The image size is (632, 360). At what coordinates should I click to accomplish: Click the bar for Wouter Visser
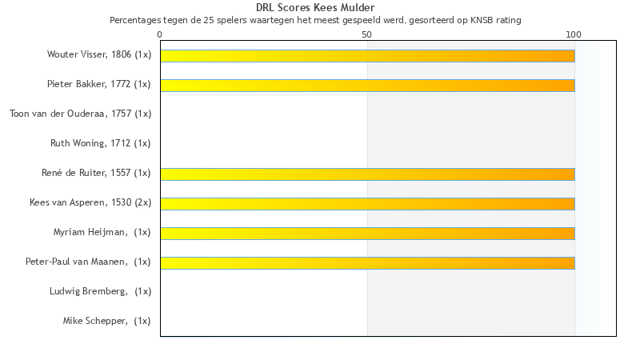[367, 56]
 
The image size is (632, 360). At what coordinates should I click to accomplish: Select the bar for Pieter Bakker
[367, 86]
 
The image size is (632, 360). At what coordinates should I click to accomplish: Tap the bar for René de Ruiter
[367, 174]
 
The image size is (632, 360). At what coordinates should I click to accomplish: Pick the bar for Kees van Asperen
[367, 204]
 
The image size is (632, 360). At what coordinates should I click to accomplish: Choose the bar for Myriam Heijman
[367, 234]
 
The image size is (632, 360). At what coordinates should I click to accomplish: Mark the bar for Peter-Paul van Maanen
[367, 263]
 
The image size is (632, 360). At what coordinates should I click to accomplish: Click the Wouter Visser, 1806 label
[89, 54]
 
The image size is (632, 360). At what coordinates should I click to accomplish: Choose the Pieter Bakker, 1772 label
[89, 84]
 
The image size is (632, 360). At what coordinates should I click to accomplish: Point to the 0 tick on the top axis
[160, 34]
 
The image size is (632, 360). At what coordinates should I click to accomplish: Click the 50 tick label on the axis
[366, 34]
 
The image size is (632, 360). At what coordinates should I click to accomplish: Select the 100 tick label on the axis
[574, 34]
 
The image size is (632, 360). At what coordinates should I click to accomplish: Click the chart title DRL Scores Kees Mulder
[315, 8]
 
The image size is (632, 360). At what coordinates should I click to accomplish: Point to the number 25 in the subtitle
[208, 20]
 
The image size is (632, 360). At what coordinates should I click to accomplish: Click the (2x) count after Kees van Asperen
[143, 202]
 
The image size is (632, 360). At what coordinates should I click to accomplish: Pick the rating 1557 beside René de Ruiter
[121, 173]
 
